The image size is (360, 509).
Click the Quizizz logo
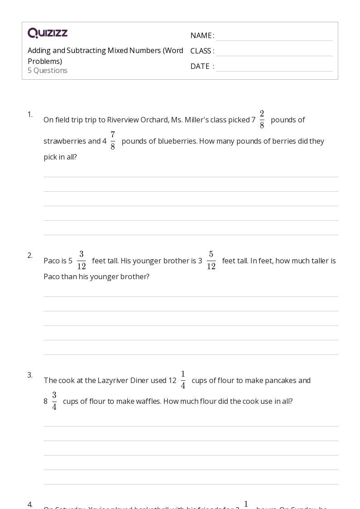click(x=48, y=33)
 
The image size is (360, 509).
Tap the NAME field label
click(x=200, y=35)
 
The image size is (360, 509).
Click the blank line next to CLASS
click(x=274, y=51)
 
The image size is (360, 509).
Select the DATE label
click(x=200, y=66)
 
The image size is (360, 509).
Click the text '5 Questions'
click(x=48, y=70)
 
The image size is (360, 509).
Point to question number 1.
click(x=30, y=114)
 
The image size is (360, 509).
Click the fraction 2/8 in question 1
click(x=262, y=120)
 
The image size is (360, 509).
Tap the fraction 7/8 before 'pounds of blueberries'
click(x=112, y=141)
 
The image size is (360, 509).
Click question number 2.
click(x=30, y=255)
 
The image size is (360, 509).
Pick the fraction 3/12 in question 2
click(x=82, y=261)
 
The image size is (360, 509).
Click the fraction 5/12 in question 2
click(x=211, y=261)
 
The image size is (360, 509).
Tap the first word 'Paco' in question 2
click(x=51, y=261)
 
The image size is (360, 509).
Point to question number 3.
click(x=30, y=375)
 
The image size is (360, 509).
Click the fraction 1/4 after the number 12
click(x=183, y=380)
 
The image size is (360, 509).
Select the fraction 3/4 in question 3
click(x=54, y=401)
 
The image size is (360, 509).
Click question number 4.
click(x=30, y=504)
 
